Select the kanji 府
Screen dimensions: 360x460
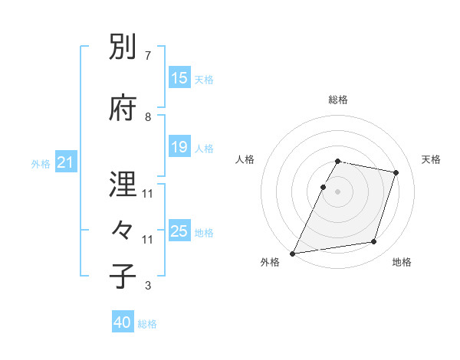tap(123, 108)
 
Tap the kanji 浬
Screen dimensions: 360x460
tap(123, 184)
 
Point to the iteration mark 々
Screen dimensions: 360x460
tap(123, 231)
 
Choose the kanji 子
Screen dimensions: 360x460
tap(123, 277)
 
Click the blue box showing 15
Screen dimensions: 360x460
tap(179, 78)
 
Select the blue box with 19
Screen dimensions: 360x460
tap(179, 147)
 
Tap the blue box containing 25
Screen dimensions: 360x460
tap(179, 231)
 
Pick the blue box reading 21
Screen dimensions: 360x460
tap(65, 162)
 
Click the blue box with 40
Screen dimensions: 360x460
tap(123, 323)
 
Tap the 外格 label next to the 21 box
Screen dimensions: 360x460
tap(41, 163)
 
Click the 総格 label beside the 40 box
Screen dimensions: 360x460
tap(147, 324)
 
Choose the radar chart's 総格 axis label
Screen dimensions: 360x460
tap(338, 100)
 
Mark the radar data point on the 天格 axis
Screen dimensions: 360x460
tap(396, 172)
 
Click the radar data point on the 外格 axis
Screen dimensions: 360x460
tap(292, 254)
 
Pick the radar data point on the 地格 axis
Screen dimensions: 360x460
tap(374, 242)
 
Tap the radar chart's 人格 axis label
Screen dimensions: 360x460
tap(245, 159)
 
